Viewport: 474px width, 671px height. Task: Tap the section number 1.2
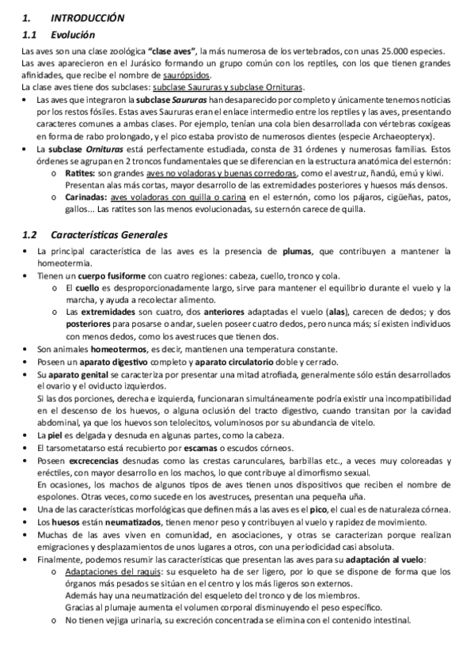pyautogui.click(x=30, y=235)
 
